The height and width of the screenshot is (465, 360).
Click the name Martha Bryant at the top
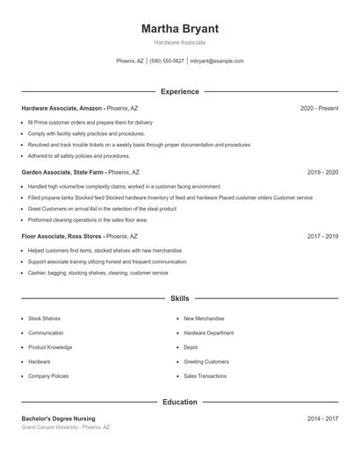179,28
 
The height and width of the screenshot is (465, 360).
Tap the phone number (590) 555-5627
167,61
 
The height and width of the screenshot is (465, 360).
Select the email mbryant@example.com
217,61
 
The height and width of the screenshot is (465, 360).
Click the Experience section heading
179,91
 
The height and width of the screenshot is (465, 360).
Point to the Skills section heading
179,299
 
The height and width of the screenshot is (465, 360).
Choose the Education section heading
179,402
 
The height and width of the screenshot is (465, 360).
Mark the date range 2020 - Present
319,108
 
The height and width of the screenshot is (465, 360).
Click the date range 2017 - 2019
322,236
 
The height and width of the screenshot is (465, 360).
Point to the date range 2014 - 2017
322,418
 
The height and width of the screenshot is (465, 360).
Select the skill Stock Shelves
44,318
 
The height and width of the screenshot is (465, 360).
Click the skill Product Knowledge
49,347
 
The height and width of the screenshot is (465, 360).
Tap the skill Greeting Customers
206,361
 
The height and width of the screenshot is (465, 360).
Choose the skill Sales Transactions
205,376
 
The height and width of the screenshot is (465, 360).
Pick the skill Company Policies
48,376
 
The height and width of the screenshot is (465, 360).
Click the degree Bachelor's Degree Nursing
58,418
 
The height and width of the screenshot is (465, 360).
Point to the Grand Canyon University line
66,427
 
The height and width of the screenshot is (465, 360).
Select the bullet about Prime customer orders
90,122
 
